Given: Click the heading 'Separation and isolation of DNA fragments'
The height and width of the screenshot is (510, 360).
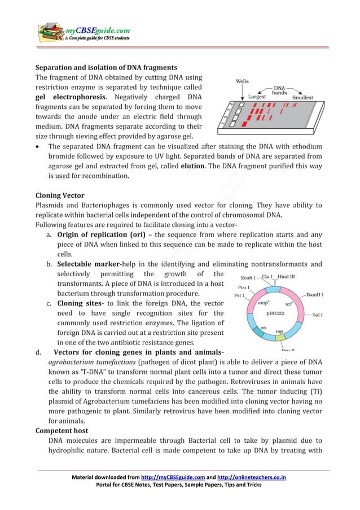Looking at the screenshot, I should point(106,68).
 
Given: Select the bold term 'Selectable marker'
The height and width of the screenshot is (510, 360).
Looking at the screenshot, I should point(87,264).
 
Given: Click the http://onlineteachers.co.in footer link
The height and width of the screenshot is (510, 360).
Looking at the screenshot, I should point(250,477).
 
